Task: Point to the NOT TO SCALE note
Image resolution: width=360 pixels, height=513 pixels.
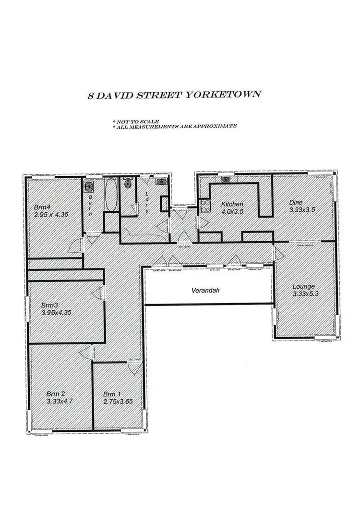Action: click(136, 122)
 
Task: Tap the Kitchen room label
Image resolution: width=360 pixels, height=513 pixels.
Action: click(232, 204)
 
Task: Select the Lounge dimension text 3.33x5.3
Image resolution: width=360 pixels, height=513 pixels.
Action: click(305, 294)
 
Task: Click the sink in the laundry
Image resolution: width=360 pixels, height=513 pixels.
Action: click(160, 182)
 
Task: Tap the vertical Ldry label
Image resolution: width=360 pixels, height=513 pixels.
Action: click(147, 202)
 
